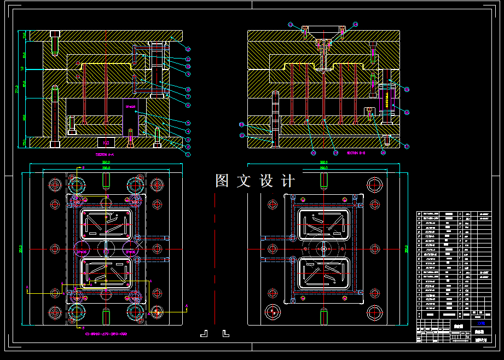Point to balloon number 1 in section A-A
188,155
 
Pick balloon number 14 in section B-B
355,25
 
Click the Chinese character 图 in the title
222,181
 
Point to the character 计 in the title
288,181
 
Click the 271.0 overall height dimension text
17,89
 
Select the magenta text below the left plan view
106,334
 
